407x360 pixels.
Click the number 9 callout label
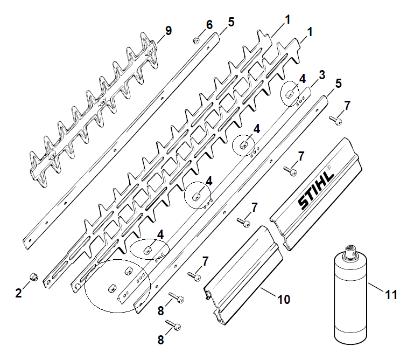coord(169,31)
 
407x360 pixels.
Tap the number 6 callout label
coord(209,25)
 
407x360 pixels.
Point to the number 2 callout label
coord(18,293)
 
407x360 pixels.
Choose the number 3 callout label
coord(322,74)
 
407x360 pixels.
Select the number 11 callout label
coord(391,295)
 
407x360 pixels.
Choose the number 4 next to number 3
coord(302,78)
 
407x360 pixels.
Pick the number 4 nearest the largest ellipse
coord(160,234)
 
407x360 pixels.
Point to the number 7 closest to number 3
coord(347,106)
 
